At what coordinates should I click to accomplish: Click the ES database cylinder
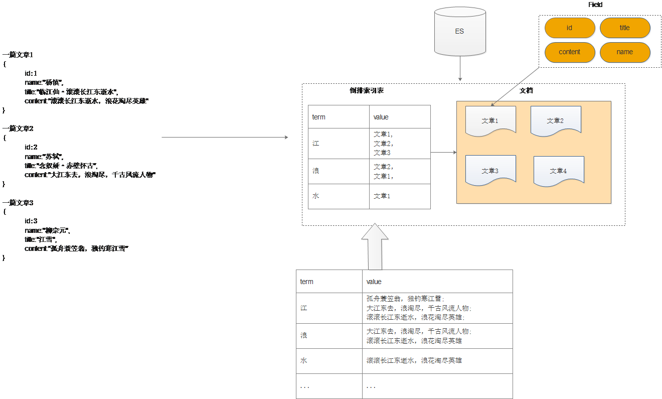pyautogui.click(x=460, y=31)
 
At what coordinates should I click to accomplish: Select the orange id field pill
pyautogui.click(x=570, y=28)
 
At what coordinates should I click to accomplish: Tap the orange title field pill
pyautogui.click(x=625, y=28)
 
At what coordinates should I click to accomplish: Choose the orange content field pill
pyautogui.click(x=570, y=52)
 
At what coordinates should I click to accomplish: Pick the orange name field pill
pyautogui.click(x=625, y=52)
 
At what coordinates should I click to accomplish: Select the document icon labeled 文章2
pyautogui.click(x=556, y=121)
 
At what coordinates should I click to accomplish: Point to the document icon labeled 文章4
pyautogui.click(x=559, y=171)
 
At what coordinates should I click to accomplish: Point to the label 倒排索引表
pyautogui.click(x=367, y=91)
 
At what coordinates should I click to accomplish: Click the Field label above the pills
pyautogui.click(x=595, y=5)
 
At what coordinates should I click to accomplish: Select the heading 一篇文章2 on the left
pyautogui.click(x=18, y=128)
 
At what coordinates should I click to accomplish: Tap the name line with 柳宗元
pyautogui.click(x=48, y=230)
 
